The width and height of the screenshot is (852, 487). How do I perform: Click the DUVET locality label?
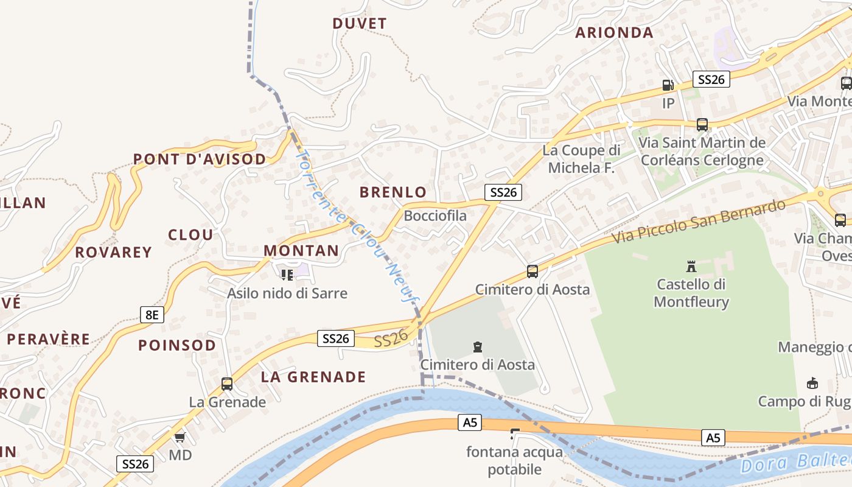click(x=360, y=24)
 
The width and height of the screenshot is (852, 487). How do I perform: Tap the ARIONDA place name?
click(x=614, y=33)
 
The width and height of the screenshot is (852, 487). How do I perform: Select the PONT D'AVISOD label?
click(x=200, y=159)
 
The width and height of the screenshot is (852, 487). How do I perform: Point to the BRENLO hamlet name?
click(x=393, y=192)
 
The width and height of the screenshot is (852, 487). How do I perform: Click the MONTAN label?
click(x=301, y=251)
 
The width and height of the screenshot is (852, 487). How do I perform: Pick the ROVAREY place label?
click(x=113, y=252)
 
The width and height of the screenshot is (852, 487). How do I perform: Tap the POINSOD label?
click(x=177, y=345)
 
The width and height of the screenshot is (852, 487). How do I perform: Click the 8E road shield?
click(x=152, y=315)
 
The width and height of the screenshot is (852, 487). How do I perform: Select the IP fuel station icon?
click(x=668, y=86)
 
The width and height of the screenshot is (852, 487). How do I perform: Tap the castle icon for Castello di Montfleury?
click(x=691, y=266)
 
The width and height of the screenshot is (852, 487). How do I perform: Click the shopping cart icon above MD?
click(x=180, y=437)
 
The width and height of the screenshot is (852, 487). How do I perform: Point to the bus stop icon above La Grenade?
click(x=227, y=384)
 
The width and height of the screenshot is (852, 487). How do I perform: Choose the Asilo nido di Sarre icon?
click(x=287, y=275)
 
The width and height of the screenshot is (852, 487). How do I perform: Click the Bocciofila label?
click(x=435, y=215)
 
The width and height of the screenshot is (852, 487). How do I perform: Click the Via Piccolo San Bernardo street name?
click(x=699, y=220)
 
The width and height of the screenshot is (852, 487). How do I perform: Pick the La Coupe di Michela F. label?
click(x=581, y=159)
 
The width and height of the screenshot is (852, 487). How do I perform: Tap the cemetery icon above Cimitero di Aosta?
click(x=478, y=348)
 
